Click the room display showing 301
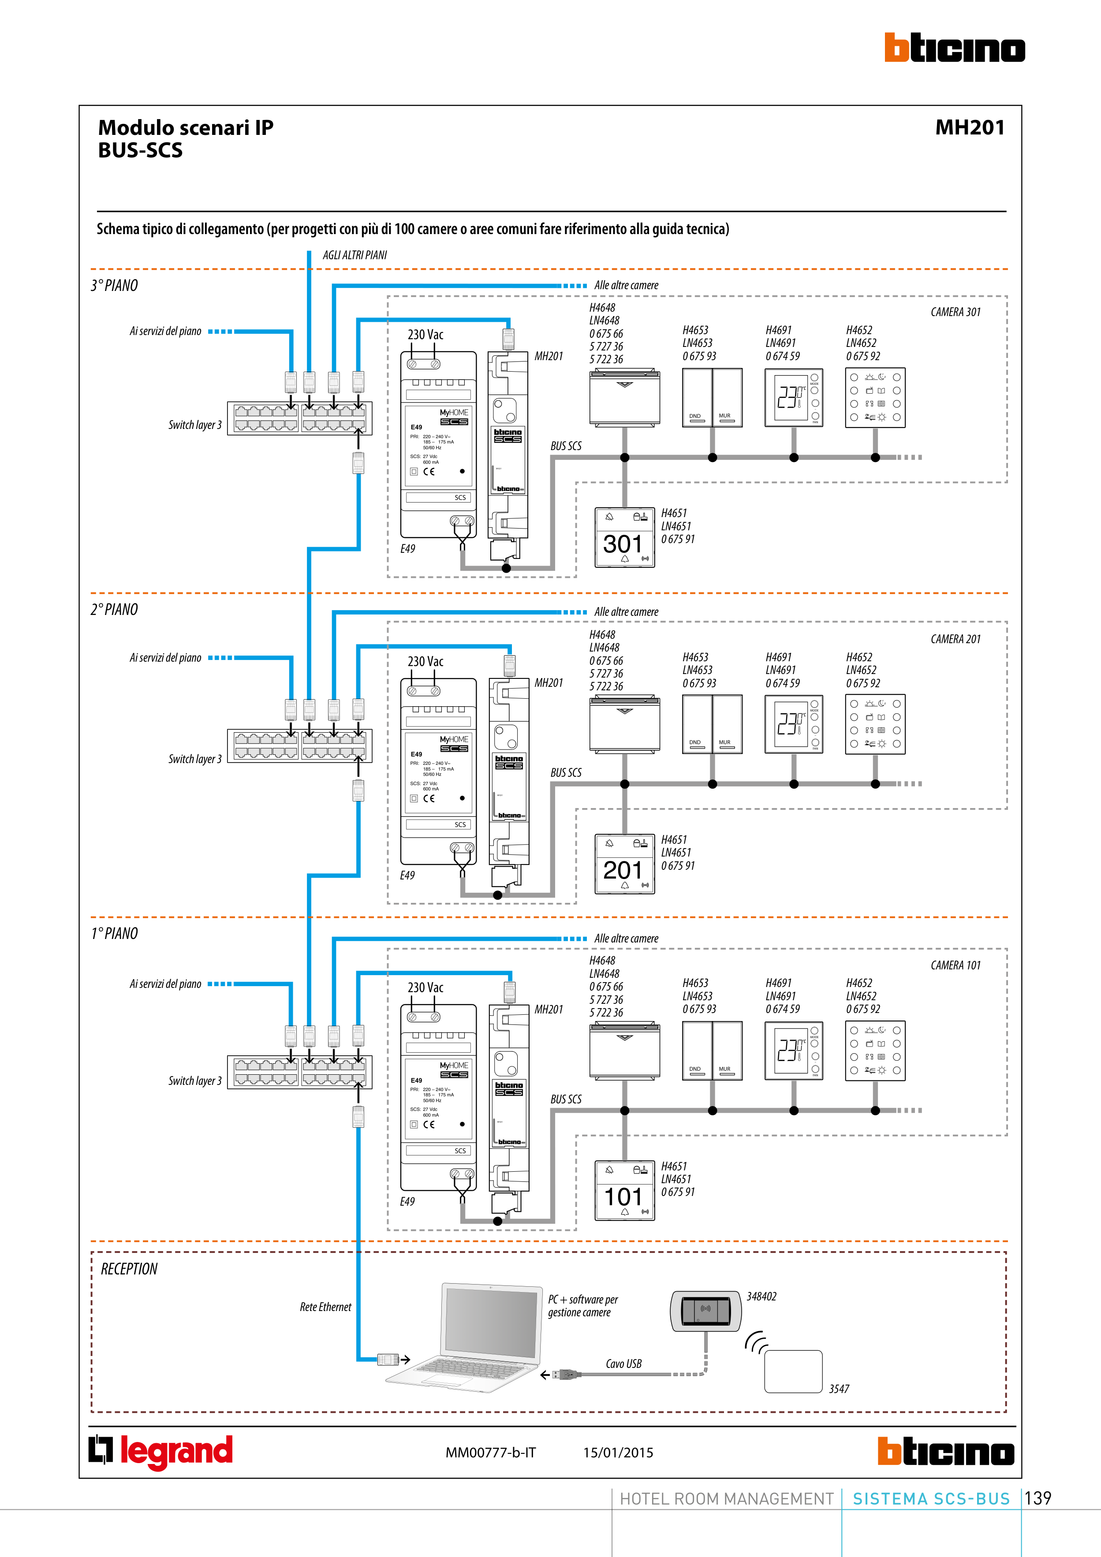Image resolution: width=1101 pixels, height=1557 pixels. pyautogui.click(x=624, y=537)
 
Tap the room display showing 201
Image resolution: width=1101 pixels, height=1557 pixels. pyautogui.click(x=624, y=863)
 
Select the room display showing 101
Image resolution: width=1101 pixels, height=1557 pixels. pyautogui.click(x=624, y=1190)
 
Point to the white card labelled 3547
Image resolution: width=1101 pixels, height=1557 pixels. pyautogui.click(x=793, y=1371)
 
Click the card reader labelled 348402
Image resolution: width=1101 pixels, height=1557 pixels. pyautogui.click(x=705, y=1310)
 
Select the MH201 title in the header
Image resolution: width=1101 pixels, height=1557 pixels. pyautogui.click(x=970, y=127)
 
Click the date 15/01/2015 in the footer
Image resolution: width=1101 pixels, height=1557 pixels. pyautogui.click(x=618, y=1453)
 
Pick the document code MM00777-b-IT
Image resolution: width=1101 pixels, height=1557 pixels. pyautogui.click(x=490, y=1453)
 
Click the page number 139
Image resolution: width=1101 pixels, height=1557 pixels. pyautogui.click(x=1038, y=1498)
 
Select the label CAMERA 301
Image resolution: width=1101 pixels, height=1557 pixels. pyautogui.click(x=955, y=312)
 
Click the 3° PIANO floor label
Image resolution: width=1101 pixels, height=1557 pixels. pyautogui.click(x=115, y=286)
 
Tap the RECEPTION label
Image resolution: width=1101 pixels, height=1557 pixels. pyautogui.click(x=129, y=1269)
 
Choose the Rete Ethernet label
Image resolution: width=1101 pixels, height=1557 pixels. pyautogui.click(x=325, y=1307)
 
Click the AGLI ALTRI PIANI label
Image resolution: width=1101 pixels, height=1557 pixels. pyautogui.click(x=355, y=255)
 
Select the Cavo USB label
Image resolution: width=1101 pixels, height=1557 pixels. pyautogui.click(x=623, y=1364)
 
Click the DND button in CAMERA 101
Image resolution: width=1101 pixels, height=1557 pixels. pyautogui.click(x=696, y=1051)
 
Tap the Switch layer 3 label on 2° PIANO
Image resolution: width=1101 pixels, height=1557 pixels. pyautogui.click(x=195, y=759)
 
